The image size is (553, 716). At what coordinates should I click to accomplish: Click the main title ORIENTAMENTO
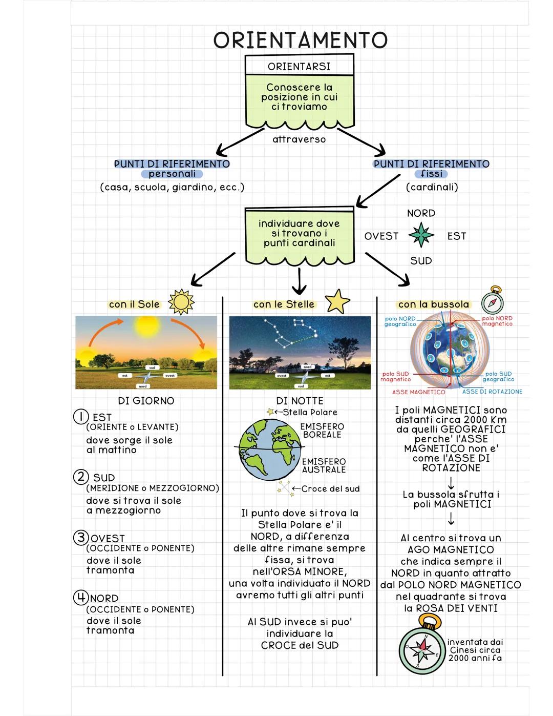(300, 40)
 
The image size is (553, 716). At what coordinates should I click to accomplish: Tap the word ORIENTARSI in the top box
(299, 67)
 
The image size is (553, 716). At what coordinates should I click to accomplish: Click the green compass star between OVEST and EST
(421, 235)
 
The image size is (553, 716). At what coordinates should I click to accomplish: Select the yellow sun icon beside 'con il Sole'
(181, 302)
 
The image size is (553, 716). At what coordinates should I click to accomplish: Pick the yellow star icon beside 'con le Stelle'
(337, 301)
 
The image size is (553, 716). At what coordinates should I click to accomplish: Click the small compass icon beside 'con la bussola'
(493, 300)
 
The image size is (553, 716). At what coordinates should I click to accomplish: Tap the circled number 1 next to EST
(81, 417)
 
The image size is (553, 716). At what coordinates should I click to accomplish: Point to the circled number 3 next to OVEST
(81, 538)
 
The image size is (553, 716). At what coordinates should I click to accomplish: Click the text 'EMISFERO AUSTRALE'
(324, 465)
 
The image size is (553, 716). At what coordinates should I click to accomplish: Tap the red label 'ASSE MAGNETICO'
(418, 392)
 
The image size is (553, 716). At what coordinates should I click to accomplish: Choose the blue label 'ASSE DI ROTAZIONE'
(492, 392)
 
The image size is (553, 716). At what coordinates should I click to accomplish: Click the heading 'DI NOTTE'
(300, 401)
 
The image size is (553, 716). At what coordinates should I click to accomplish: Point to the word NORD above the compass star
(421, 213)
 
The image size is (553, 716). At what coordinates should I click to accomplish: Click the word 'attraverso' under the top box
(299, 139)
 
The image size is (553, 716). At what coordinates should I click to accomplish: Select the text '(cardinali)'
(432, 187)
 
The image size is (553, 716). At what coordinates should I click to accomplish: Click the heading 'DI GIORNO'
(146, 401)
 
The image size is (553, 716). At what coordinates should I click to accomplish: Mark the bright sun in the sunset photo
(147, 326)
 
